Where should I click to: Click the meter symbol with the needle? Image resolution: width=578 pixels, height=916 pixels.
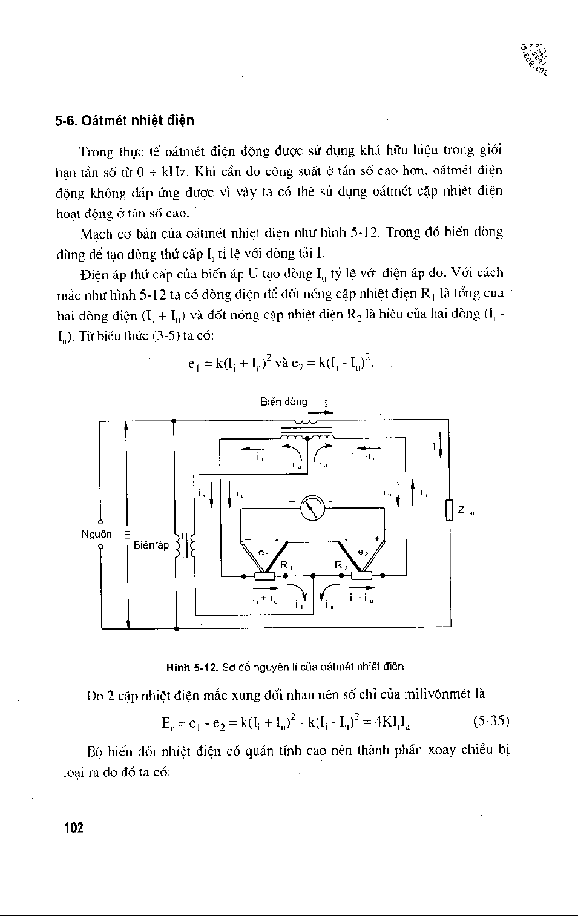pos(312,507)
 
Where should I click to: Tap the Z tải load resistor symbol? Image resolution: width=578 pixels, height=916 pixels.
pos(448,509)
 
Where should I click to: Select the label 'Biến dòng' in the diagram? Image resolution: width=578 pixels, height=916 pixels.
pos(284,401)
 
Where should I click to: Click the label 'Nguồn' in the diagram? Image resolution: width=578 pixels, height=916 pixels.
pos(97,533)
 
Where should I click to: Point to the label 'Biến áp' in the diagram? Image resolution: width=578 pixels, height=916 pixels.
pos(151,545)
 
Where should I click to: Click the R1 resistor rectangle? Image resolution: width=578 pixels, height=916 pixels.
pos(264,576)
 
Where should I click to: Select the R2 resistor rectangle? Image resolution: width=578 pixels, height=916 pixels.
pos(362,576)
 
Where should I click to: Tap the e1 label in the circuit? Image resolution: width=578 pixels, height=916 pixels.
pos(263,552)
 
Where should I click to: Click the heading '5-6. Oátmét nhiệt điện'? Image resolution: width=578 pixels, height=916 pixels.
pos(125,120)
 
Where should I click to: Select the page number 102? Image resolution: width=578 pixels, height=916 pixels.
pos(73,828)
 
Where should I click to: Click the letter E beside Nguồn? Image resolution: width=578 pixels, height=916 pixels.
pos(127,534)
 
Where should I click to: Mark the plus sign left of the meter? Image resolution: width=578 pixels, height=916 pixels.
pos(292,502)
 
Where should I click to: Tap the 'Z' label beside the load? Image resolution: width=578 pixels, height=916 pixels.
pos(461,510)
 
